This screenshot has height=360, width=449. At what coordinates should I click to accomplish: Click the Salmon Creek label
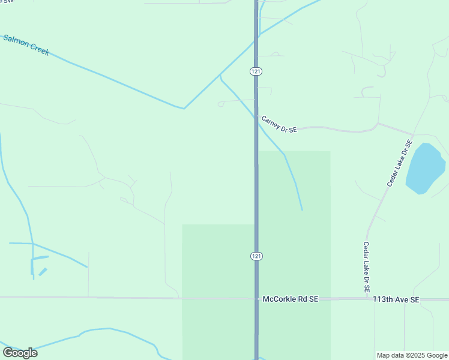[x=26, y=45]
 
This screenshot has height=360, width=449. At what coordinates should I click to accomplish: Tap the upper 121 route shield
[x=256, y=71]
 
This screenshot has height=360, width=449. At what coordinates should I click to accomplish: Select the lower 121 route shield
[x=256, y=256]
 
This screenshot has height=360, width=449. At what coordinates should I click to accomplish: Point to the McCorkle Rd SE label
[x=291, y=298]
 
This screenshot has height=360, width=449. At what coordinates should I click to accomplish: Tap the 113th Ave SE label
[x=396, y=298]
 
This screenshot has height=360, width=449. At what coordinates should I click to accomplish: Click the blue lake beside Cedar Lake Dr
[x=425, y=169]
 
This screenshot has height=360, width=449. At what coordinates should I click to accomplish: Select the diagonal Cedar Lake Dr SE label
[x=400, y=163]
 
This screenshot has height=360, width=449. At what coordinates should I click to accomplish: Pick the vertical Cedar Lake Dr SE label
[x=366, y=267]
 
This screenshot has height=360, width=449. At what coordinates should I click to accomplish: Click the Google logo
[x=20, y=353]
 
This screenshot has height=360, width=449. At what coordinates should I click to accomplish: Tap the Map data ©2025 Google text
[x=412, y=355]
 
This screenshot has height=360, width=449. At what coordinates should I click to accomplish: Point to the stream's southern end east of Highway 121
[x=302, y=209]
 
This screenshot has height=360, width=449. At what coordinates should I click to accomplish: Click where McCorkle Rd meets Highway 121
[x=256, y=298]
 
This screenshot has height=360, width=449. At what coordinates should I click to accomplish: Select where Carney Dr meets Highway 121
[x=256, y=116]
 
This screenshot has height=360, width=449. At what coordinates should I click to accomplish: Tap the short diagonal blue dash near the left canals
[x=43, y=272]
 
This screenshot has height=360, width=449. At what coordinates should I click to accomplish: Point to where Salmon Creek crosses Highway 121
[x=256, y=37]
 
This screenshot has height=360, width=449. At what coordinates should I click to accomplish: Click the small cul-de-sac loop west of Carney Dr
[x=220, y=104]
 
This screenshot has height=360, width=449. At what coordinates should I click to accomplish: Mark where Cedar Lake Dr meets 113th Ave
[x=367, y=298]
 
